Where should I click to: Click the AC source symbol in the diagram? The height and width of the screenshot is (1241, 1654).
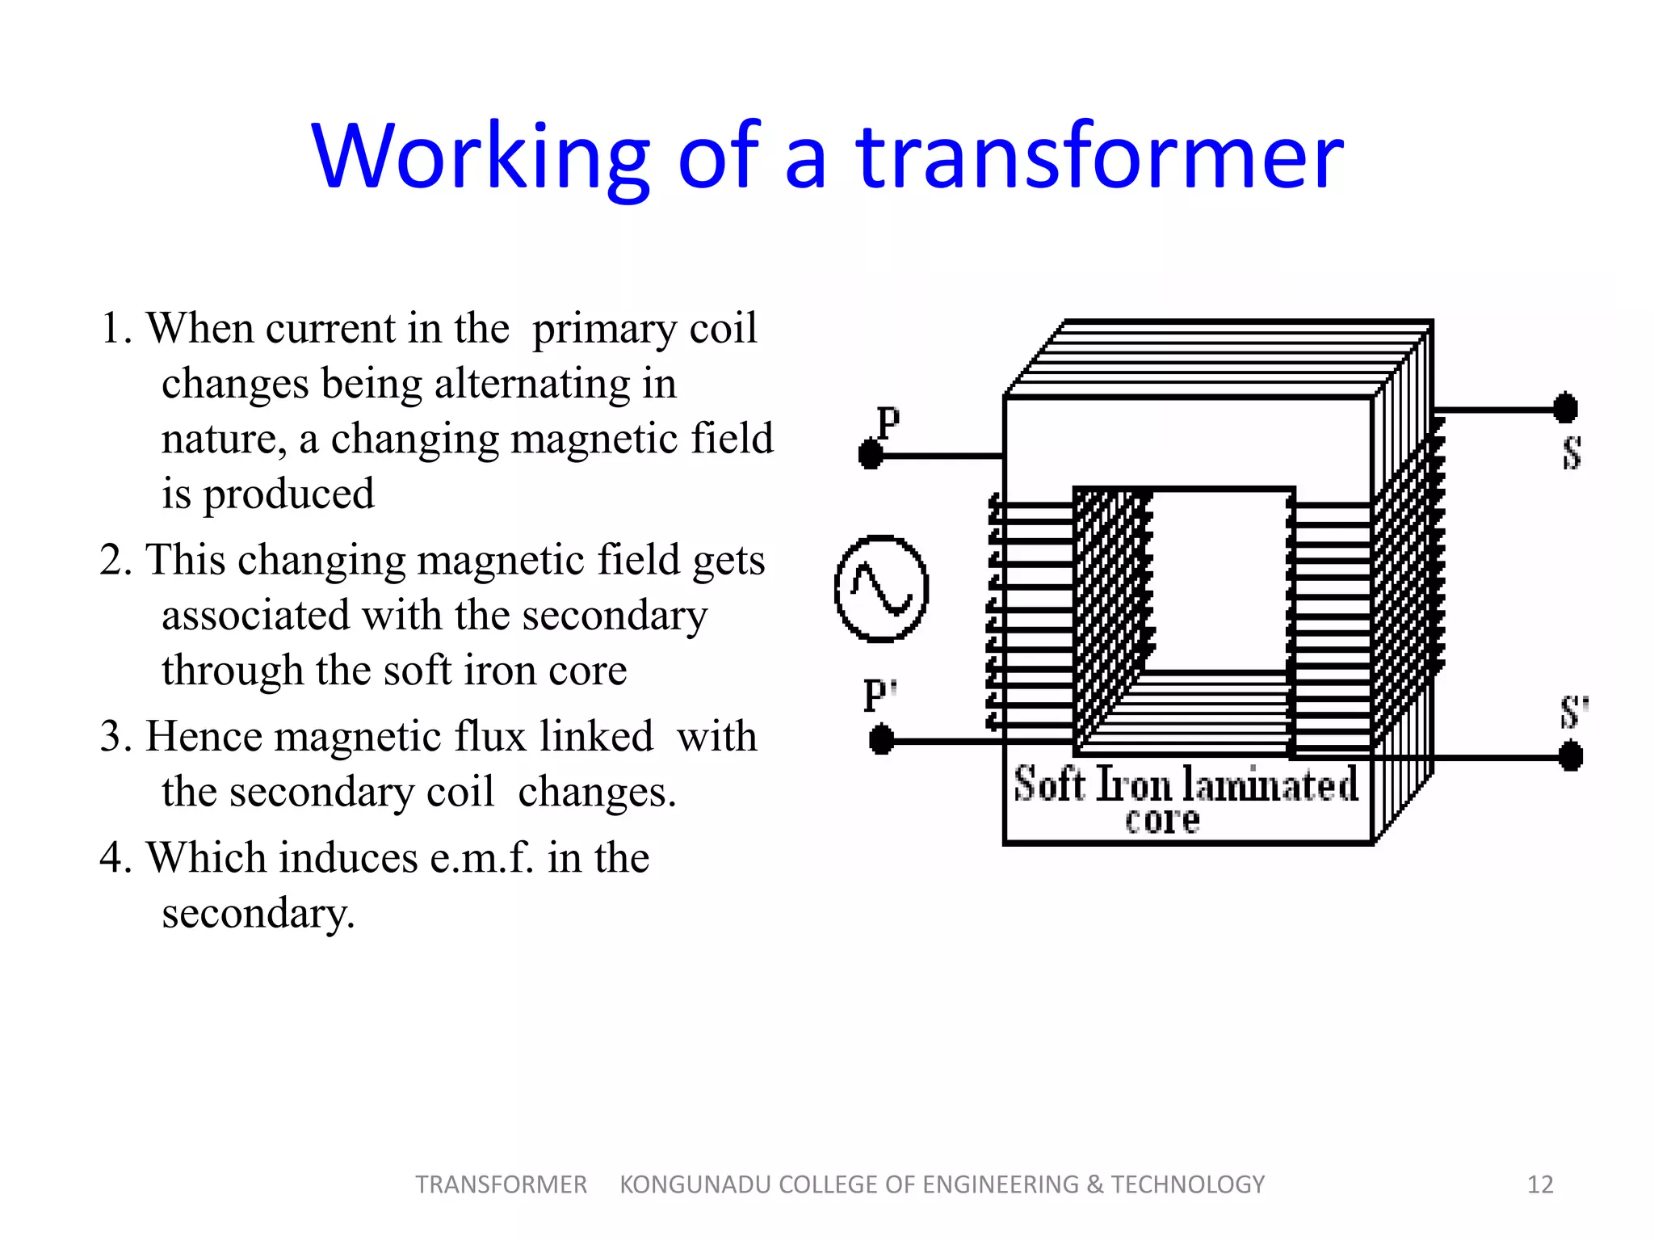click(881, 588)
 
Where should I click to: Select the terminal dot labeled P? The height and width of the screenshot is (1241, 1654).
click(871, 454)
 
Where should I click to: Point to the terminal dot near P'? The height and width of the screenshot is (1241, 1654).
click(881, 739)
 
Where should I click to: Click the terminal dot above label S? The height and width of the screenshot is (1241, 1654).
click(1565, 408)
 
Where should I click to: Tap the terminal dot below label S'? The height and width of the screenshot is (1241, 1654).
click(1570, 757)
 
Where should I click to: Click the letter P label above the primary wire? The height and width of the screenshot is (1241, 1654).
click(888, 422)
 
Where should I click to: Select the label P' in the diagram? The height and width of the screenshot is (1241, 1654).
click(879, 695)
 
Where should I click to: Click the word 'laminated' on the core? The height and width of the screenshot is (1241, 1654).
click(1270, 785)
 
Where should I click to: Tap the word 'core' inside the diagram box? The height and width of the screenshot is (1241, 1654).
click(1162, 821)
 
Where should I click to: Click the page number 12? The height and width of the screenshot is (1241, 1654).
click(1540, 1184)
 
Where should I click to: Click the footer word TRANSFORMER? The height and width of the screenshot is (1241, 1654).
click(501, 1184)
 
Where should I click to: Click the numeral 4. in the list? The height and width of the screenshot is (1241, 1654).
click(115, 858)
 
